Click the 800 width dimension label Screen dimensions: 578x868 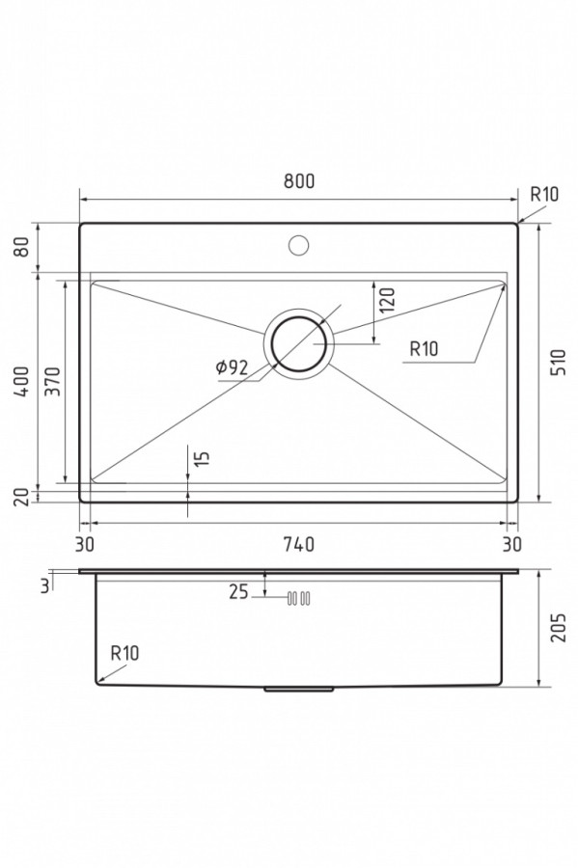click(x=299, y=181)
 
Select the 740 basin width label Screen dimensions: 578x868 click(x=299, y=545)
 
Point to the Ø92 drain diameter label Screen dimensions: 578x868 click(x=232, y=367)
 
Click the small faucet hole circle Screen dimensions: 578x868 click(x=299, y=245)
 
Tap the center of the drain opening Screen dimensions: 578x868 click(x=299, y=343)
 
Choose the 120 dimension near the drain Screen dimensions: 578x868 click(x=388, y=300)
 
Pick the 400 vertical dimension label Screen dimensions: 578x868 click(x=22, y=381)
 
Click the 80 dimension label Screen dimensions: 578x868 click(x=22, y=247)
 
